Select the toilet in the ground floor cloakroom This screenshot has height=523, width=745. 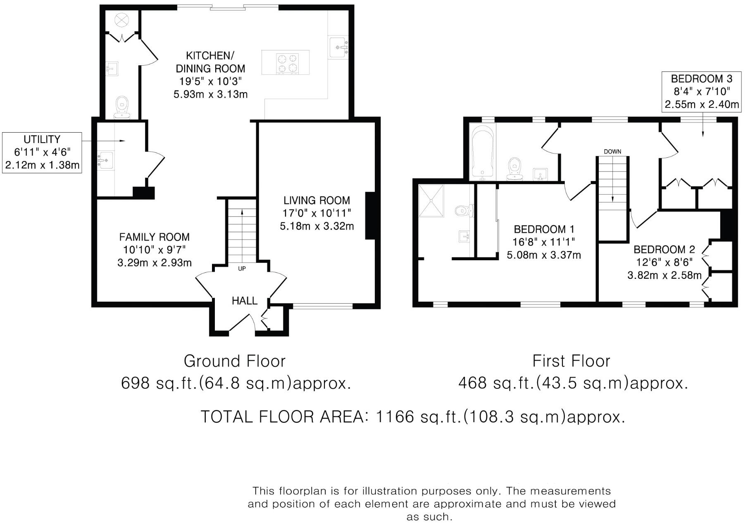121,107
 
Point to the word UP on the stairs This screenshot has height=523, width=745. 242,269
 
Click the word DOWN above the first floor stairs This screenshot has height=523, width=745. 612,152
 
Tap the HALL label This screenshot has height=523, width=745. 244,301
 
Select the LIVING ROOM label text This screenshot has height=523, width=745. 317,201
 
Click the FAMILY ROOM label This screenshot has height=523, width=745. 154,237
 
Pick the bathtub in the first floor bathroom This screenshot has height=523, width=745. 483,152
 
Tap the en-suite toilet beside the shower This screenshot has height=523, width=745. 464,211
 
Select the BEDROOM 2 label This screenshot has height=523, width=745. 664,250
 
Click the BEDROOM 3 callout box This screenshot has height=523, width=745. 701,92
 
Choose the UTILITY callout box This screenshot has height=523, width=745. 42,152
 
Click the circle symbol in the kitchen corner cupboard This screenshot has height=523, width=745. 122,19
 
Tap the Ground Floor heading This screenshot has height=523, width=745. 234,361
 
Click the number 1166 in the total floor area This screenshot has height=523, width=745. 395,417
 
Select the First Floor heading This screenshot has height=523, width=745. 571,361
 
